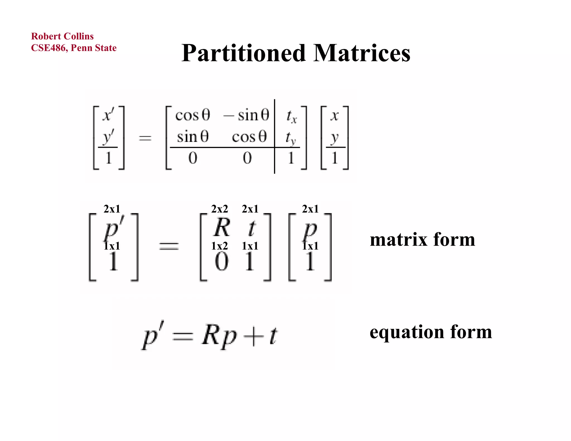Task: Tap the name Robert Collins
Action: pyautogui.click(x=62, y=36)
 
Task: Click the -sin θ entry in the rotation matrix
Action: pyautogui.click(x=247, y=115)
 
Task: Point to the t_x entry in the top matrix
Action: pyautogui.click(x=291, y=116)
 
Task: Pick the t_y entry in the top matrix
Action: pyautogui.click(x=291, y=138)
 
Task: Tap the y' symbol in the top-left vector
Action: pyautogui.click(x=108, y=137)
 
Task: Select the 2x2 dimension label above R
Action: pyautogui.click(x=219, y=209)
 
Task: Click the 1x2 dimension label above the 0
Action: pyautogui.click(x=219, y=246)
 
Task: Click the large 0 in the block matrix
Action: pyautogui.click(x=222, y=262)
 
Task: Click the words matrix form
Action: pyautogui.click(x=422, y=239)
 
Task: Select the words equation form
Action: pyautogui.click(x=431, y=332)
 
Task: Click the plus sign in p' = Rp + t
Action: pyautogui.click(x=253, y=336)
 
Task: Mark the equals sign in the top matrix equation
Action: pyautogui.click(x=145, y=138)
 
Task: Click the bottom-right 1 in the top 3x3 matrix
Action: pyautogui.click(x=291, y=158)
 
